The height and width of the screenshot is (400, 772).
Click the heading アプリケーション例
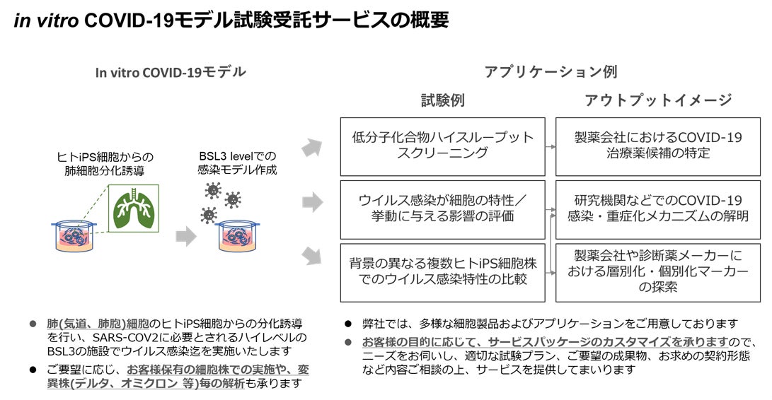[550, 72]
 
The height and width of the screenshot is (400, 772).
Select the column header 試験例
[442, 100]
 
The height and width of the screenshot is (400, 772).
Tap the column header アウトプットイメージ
[658, 100]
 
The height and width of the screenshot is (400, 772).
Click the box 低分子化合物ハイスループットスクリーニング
[442, 146]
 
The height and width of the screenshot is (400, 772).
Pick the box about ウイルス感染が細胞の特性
[442, 208]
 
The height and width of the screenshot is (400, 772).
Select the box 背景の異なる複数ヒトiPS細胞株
[442, 272]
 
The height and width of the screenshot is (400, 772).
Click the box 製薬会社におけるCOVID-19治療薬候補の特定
[658, 146]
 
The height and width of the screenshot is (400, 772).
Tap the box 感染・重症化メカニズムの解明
[658, 208]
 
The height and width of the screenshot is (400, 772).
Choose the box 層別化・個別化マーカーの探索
[658, 272]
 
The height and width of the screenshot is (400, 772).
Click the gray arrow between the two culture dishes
[185, 237]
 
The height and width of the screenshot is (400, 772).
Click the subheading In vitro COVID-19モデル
[171, 72]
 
